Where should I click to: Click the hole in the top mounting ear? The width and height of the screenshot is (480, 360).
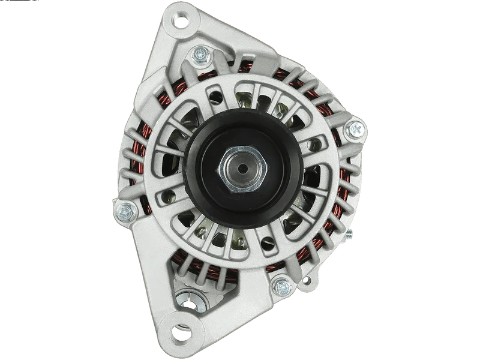[180, 22]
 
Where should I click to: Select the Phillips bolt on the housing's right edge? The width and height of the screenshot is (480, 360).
[355, 128]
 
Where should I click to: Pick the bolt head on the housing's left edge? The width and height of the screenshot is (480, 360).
[126, 211]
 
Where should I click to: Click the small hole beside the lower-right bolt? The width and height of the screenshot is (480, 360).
[307, 280]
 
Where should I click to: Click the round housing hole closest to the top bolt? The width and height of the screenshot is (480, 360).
[217, 96]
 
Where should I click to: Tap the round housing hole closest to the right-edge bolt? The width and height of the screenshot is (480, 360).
[312, 145]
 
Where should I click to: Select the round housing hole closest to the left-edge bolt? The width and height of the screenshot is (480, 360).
[169, 196]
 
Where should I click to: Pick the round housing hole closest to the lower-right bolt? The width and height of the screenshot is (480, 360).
[268, 243]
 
